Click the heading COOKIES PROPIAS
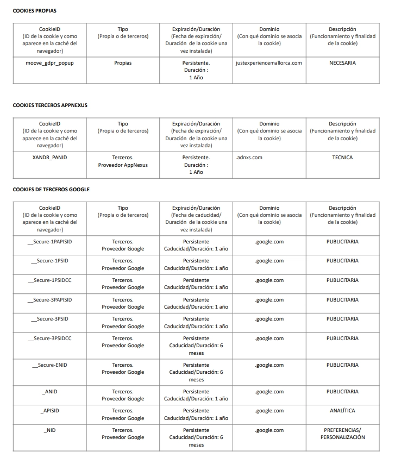click(x=34, y=10)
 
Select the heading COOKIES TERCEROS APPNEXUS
click(x=50, y=105)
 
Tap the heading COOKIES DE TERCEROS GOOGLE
click(x=51, y=189)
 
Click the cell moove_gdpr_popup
click(x=49, y=63)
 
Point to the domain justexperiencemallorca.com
click(x=269, y=63)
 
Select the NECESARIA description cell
click(x=342, y=63)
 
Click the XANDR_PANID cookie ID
click(x=49, y=158)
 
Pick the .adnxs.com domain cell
click(x=249, y=158)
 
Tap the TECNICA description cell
click(x=342, y=158)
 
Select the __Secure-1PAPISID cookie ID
click(x=49, y=242)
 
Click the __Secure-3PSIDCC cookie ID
click(x=49, y=338)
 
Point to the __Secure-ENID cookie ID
click(x=49, y=365)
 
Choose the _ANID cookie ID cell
click(x=49, y=392)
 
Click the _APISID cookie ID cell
click(x=49, y=411)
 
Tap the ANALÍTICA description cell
click(x=342, y=411)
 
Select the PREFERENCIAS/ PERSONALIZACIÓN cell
click(x=342, y=434)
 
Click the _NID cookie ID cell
click(x=49, y=430)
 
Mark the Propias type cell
click(x=123, y=63)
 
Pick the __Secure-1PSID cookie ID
click(x=49, y=261)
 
